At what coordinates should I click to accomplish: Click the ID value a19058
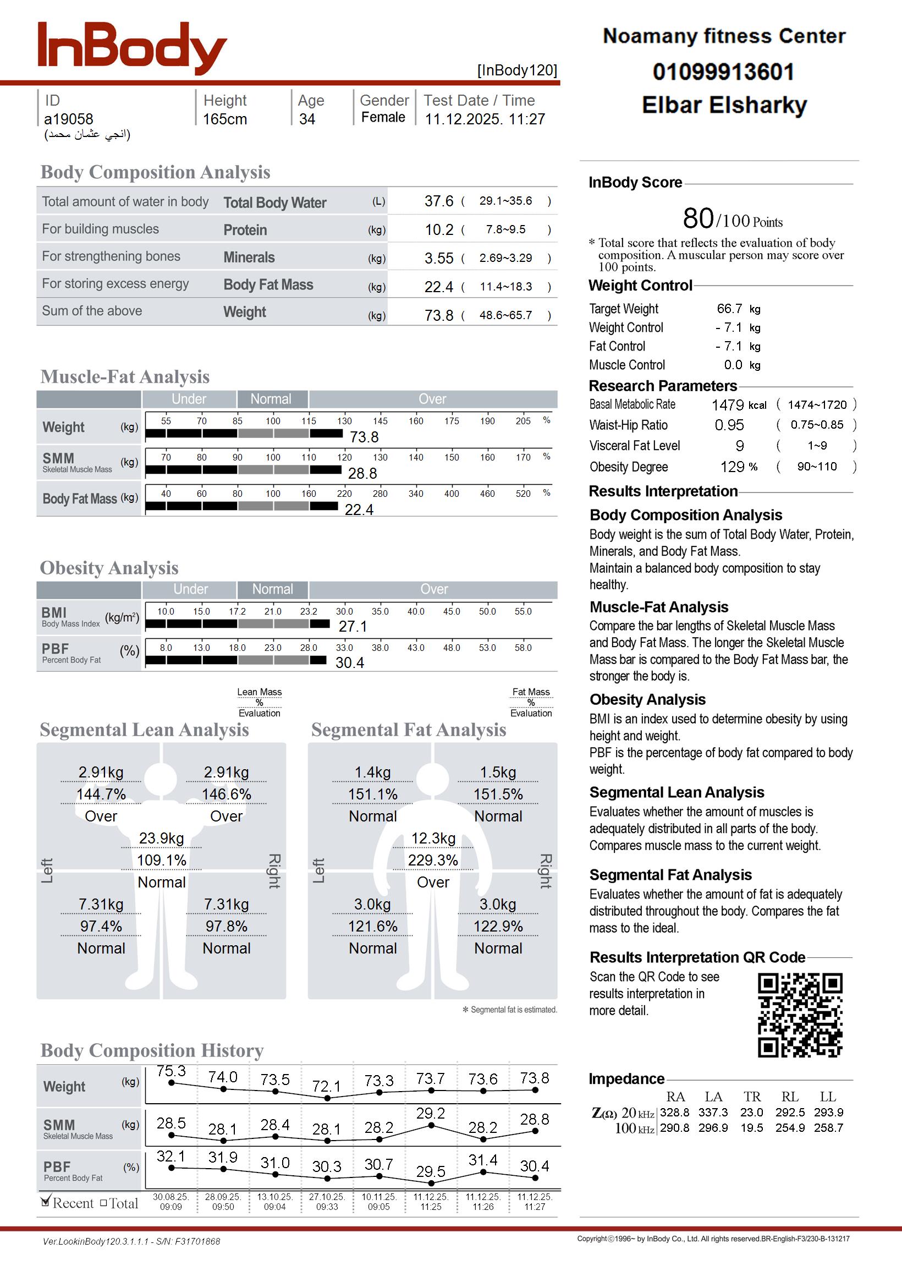coord(68,119)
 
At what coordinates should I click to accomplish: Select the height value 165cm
coord(224,119)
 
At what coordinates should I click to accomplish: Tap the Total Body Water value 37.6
coord(439,201)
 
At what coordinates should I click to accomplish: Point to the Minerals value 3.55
coord(439,258)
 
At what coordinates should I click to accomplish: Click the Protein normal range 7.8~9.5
coord(505,229)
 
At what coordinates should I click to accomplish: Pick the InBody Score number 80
coord(698,218)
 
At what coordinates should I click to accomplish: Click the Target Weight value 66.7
coord(729,308)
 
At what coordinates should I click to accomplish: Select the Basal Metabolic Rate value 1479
coord(728,405)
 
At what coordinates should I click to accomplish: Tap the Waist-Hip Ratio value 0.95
coord(729,425)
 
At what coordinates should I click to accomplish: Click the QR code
coord(800,1015)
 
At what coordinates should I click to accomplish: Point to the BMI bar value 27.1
coord(353,627)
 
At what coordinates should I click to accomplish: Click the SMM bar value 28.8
coord(362,473)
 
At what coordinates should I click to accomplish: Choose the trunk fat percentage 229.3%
coord(433,861)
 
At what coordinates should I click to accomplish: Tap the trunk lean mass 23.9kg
coord(161,839)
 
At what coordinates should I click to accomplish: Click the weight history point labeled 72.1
coord(327,1098)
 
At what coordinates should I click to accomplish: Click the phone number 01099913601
coord(723,72)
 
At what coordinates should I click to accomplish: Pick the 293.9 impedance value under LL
coord(828,1113)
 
